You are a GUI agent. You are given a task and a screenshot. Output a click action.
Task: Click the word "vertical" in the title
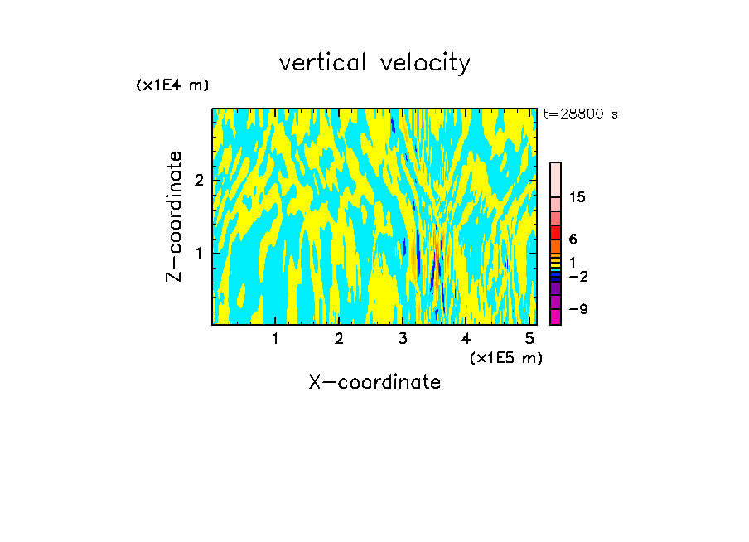click(x=324, y=63)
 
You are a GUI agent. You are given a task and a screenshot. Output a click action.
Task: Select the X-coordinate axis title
click(x=374, y=382)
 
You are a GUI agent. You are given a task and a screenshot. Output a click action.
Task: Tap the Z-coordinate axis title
click(x=174, y=216)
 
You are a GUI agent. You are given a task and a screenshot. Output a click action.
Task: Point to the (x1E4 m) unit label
click(x=172, y=85)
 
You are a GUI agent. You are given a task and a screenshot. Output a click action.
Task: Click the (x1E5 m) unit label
click(x=505, y=357)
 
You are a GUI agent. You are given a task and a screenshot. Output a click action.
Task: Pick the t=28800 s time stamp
click(x=580, y=114)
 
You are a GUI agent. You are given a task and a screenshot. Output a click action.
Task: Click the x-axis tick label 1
click(x=275, y=338)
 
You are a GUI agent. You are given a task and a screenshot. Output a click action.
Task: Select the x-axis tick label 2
click(x=339, y=338)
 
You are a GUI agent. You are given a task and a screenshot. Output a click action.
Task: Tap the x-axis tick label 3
click(x=403, y=338)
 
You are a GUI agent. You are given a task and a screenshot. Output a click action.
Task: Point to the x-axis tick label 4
click(x=466, y=338)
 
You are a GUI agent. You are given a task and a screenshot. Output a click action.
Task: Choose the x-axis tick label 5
click(x=529, y=338)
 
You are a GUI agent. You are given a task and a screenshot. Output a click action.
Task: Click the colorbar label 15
click(x=577, y=197)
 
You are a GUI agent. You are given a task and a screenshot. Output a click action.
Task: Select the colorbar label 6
click(x=573, y=239)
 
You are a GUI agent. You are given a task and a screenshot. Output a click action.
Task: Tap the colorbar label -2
click(x=577, y=276)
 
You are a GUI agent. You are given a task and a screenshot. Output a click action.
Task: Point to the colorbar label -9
click(x=577, y=309)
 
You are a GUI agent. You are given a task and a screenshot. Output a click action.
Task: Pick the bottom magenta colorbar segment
click(x=555, y=317)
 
